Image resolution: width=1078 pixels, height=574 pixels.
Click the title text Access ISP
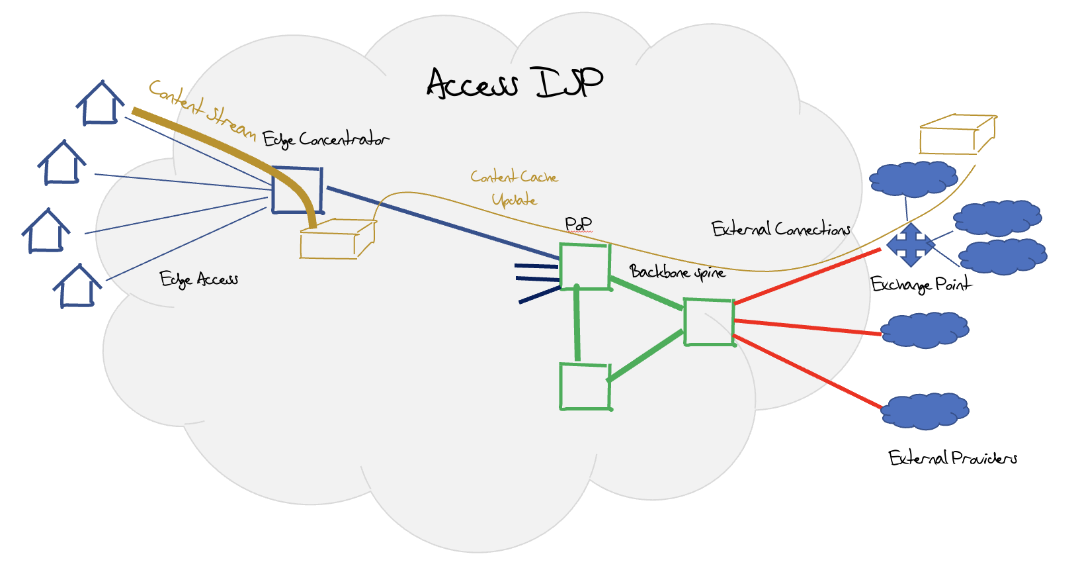(x=515, y=83)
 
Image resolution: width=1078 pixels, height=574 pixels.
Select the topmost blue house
(x=101, y=104)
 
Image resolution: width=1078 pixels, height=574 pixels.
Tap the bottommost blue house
(x=77, y=286)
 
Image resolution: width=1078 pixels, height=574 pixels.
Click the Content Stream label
(x=202, y=109)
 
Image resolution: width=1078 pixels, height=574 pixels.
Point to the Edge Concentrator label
(x=325, y=140)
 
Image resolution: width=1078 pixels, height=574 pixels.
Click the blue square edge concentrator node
(x=297, y=190)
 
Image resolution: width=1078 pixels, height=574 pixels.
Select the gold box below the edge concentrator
(x=337, y=239)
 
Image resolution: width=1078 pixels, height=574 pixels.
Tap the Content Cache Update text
(x=514, y=188)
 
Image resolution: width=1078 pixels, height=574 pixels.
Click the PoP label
(x=578, y=224)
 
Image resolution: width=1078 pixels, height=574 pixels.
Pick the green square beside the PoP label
(x=585, y=266)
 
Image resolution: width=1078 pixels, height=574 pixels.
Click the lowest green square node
(x=585, y=387)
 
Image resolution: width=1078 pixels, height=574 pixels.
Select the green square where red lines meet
(x=709, y=322)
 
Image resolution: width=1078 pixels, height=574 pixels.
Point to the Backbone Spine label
(x=677, y=272)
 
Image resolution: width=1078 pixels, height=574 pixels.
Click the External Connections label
(x=780, y=230)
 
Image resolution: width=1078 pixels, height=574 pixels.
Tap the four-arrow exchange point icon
(x=911, y=245)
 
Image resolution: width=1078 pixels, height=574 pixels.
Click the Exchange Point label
(x=921, y=285)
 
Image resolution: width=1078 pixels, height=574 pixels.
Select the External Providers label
(x=952, y=458)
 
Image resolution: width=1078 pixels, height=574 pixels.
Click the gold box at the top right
(x=957, y=134)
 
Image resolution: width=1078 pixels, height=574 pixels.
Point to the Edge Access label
(x=198, y=279)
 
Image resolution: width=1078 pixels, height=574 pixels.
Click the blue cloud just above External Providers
(x=925, y=410)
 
